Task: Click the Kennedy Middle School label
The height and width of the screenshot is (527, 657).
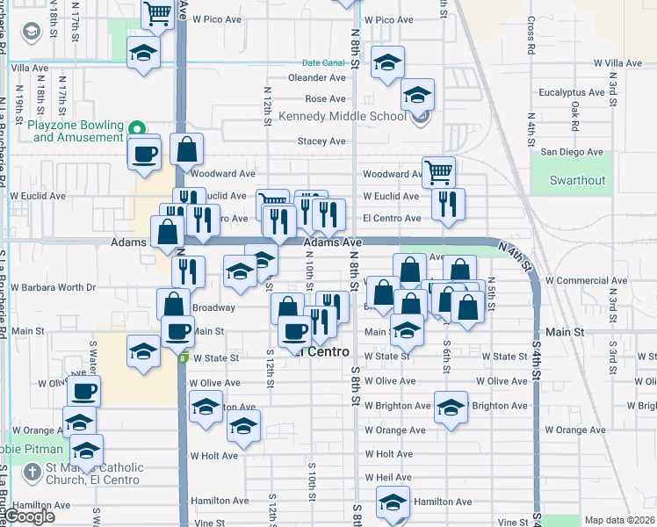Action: click(x=342, y=116)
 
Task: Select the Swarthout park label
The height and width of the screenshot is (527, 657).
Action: click(x=577, y=180)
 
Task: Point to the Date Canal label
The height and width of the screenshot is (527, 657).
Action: click(x=323, y=63)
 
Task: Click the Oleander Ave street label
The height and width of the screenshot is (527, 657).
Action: click(x=317, y=77)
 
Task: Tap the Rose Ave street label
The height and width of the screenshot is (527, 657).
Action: click(x=325, y=99)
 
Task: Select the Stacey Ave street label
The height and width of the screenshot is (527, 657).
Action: click(x=321, y=141)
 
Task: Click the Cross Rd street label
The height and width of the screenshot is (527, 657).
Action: click(x=531, y=34)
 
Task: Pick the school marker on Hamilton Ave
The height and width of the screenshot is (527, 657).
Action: click(x=393, y=501)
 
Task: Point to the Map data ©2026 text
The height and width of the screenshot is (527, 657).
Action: click(x=619, y=520)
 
